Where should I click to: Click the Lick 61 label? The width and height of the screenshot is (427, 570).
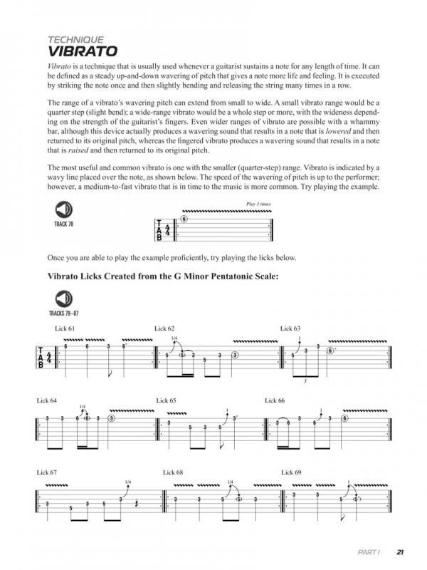[x=64, y=328]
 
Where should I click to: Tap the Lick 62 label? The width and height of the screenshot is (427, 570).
[x=164, y=328]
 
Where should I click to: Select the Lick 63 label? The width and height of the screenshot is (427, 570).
[x=290, y=328]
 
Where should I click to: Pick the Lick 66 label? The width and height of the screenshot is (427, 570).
[x=274, y=401]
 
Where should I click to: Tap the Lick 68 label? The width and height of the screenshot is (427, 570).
[x=173, y=472]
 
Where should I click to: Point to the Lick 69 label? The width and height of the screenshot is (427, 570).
[x=292, y=472]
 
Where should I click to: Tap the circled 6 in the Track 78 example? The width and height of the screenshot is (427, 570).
[x=184, y=219]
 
